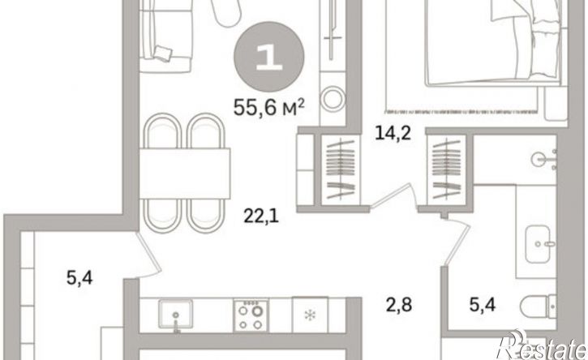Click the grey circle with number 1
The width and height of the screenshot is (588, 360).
pos(269,56)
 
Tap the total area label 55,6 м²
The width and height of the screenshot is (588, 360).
pos(269,108)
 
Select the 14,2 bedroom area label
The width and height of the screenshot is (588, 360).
pos(393,133)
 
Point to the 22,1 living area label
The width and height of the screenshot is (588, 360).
pos(261,216)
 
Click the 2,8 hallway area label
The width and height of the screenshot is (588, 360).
pos(399,305)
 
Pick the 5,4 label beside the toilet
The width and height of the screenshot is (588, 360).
pos(483,305)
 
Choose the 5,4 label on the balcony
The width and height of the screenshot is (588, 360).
pos(79,278)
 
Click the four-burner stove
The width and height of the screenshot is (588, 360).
pos(251,315)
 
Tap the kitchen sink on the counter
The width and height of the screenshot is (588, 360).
pos(175,315)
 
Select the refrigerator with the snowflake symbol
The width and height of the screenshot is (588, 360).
pos(310,315)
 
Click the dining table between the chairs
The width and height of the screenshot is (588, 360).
pos(185,174)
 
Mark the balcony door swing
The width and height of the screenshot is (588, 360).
pos(148,255)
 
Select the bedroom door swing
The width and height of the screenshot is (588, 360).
pos(393,195)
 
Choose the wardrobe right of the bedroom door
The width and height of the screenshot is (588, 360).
pos(446,169)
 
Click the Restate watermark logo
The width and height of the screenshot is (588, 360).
pos(542,345)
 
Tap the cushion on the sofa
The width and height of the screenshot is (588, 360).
pos(164,54)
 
